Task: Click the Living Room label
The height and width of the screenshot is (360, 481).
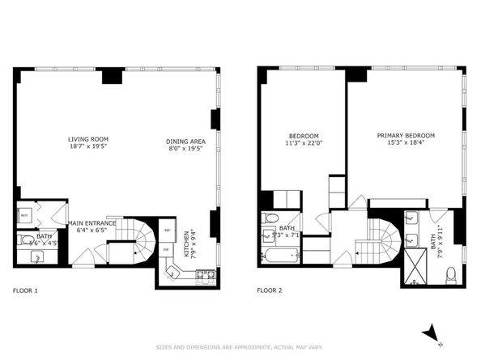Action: [x=88, y=139]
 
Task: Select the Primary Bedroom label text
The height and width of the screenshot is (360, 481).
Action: [x=406, y=135]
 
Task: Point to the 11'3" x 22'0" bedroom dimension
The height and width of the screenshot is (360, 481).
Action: [x=304, y=143]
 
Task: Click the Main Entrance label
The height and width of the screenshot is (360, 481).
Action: [x=92, y=222]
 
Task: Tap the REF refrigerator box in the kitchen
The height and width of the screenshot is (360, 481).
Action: [x=167, y=230]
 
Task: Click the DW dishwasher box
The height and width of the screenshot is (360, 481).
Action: [x=167, y=250]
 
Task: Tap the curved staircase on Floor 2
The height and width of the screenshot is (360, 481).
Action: [x=385, y=238]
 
